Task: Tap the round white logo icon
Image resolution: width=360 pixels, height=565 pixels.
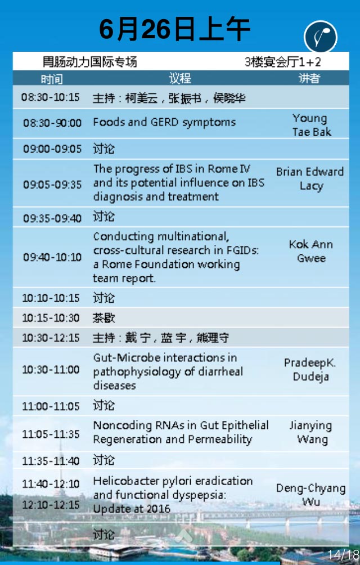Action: coord(321,37)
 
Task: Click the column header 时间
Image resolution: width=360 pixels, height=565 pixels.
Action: coord(52,79)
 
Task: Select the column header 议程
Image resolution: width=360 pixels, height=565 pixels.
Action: coord(179,78)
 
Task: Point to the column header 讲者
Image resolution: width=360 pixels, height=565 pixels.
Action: coord(309,78)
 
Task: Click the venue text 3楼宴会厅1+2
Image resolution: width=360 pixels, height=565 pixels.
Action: coord(282,62)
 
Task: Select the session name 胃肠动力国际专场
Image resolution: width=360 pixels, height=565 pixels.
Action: coord(89,62)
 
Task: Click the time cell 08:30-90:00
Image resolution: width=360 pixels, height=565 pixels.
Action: coord(52,123)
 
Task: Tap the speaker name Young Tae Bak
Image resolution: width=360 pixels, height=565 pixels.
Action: coord(311,125)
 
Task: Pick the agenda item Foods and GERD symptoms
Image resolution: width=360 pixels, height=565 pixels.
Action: coord(164,123)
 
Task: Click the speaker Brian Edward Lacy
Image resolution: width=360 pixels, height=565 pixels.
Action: coord(310,178)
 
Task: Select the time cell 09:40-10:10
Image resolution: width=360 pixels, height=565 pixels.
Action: coord(52,257)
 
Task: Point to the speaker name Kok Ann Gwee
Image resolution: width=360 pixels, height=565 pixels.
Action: coord(311,251)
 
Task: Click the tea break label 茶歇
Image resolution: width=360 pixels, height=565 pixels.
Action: coord(103,318)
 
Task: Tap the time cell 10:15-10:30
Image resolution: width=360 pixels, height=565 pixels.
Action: coord(51,318)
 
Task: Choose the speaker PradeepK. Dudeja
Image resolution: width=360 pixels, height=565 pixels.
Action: coord(310,369)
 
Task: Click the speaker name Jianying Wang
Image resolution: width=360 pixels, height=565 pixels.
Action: coord(311,432)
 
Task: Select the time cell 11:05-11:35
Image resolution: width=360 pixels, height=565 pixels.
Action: coord(51,434)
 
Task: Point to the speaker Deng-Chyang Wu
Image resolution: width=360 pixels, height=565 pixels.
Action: coord(311,494)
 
